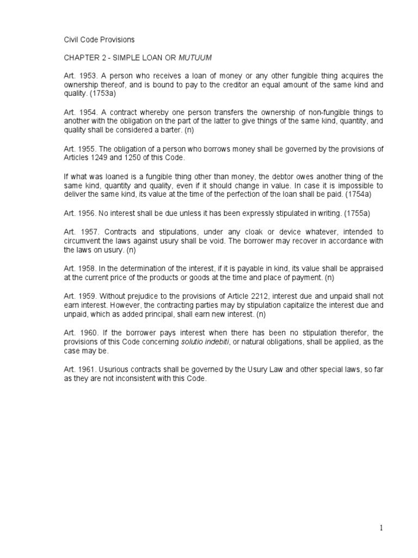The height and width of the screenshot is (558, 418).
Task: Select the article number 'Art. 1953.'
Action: (76, 76)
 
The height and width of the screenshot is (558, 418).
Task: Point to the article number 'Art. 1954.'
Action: (77, 111)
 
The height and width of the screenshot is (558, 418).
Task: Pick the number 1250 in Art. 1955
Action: (133, 157)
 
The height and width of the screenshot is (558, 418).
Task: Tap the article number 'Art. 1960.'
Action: (77, 332)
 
